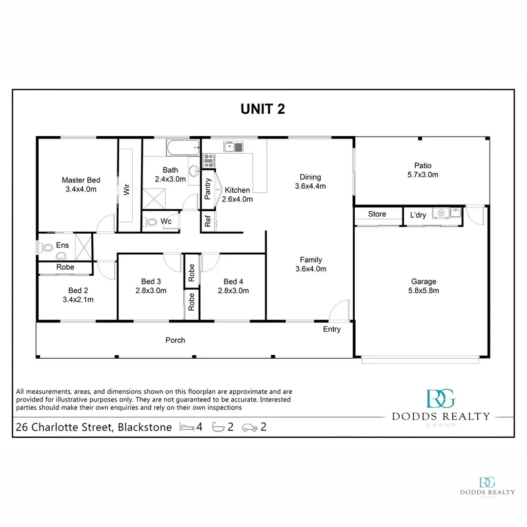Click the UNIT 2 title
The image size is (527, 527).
point(263,109)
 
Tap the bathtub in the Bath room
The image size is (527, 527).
point(183,147)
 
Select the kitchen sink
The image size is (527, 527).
point(233,146)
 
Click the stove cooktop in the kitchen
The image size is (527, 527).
point(209,161)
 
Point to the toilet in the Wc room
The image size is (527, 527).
point(150,222)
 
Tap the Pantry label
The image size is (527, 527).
point(208,189)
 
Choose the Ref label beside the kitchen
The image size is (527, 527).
point(208,221)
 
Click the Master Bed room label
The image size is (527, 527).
point(81,180)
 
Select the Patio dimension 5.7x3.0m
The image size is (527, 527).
point(423,175)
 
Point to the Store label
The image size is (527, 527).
point(377,214)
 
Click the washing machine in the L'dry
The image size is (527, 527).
point(441,213)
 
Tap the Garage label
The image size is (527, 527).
point(424,282)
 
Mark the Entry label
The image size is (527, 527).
point(332,329)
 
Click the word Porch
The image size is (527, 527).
point(175,340)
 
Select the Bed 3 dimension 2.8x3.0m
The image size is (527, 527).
point(151,291)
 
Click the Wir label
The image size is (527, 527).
point(126,189)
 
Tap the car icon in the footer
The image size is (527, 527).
point(250,427)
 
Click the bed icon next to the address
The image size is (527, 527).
point(187,427)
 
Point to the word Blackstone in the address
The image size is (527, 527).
point(145,427)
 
